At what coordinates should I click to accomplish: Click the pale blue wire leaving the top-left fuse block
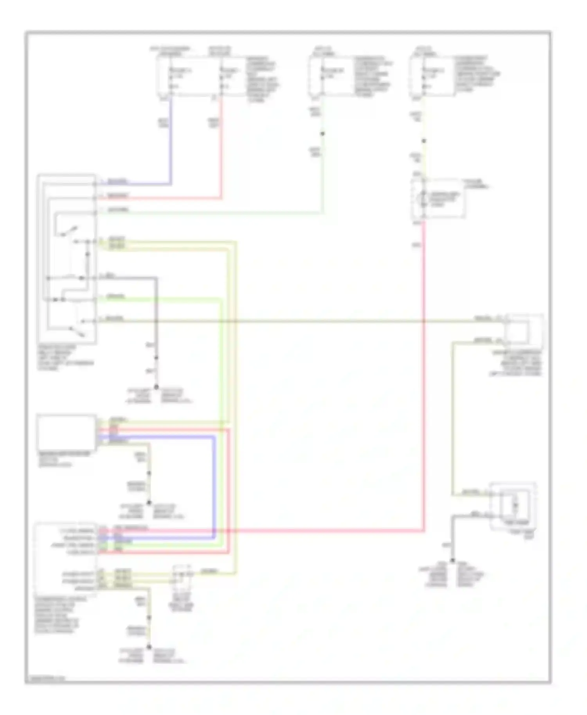(x=171, y=141)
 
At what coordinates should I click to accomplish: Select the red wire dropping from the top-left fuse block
(x=221, y=149)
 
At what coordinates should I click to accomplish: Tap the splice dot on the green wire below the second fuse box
(x=322, y=134)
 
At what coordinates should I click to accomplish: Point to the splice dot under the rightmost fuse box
(x=423, y=141)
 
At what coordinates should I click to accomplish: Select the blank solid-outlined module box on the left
(x=66, y=433)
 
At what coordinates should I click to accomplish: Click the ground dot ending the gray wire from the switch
(x=156, y=387)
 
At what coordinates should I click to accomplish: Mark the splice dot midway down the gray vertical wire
(x=156, y=357)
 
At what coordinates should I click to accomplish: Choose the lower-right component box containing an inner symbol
(x=513, y=507)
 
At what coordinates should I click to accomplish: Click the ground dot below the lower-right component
(x=452, y=561)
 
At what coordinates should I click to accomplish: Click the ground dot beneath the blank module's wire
(x=149, y=503)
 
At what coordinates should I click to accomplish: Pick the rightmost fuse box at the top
(x=432, y=76)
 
